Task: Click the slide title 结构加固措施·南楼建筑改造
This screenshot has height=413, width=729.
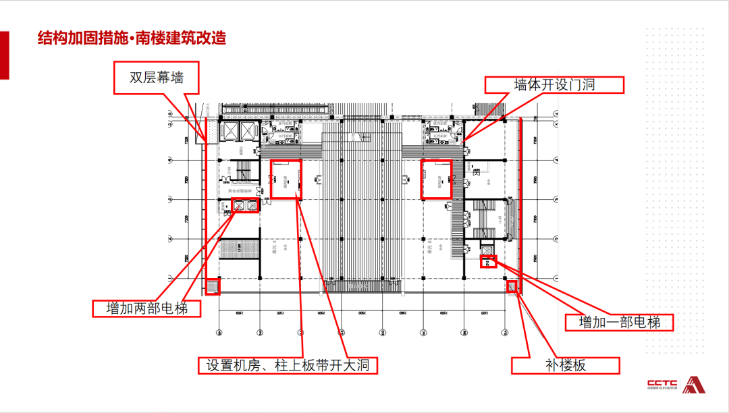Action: [x=132, y=38]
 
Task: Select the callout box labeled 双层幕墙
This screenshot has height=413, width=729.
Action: [x=157, y=78]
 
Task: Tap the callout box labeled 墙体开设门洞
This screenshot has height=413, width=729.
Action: [x=554, y=84]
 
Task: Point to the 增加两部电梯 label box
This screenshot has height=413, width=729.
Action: [x=146, y=308]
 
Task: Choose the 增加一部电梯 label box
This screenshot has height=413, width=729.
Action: [x=619, y=322]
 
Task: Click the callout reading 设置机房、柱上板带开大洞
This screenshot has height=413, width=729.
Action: [x=288, y=365]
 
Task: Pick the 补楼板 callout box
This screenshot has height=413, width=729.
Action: [x=565, y=365]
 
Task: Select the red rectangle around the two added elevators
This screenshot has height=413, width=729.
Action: [x=244, y=206]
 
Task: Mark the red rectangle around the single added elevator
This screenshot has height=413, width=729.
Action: [x=487, y=262]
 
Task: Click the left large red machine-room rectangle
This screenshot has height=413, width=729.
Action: [x=286, y=179]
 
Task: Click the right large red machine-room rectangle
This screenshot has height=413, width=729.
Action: [x=436, y=179]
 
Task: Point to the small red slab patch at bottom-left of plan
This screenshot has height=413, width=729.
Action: [x=213, y=287]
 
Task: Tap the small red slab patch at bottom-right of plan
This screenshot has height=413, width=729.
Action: [x=512, y=287]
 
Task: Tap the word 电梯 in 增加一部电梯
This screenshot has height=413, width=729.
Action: [x=646, y=322]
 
